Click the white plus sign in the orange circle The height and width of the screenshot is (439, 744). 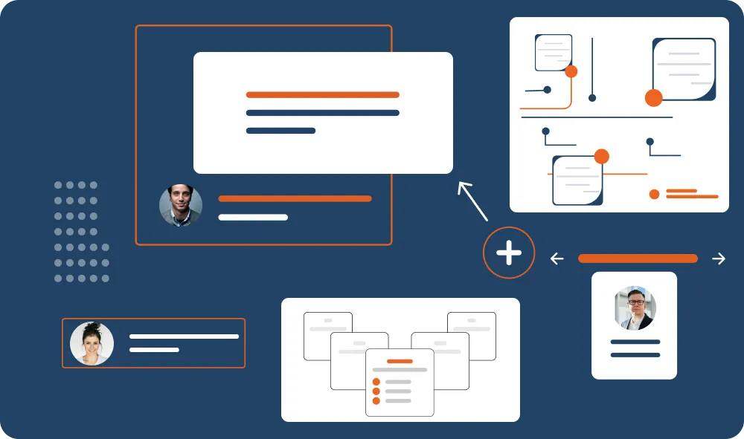pyautogui.click(x=509, y=253)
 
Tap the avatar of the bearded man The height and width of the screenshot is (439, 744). pyautogui.click(x=181, y=206)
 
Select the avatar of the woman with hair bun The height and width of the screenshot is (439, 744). pyautogui.click(x=92, y=343)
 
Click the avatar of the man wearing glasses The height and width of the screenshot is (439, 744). pyautogui.click(x=635, y=308)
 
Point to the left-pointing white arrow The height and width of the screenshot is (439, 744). pyautogui.click(x=557, y=258)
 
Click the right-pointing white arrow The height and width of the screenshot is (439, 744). pyautogui.click(x=718, y=258)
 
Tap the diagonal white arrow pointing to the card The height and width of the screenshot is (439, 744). pyautogui.click(x=472, y=201)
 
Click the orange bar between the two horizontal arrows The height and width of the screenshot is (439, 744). pyautogui.click(x=638, y=258)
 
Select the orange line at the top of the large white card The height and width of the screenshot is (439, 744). pyautogui.click(x=322, y=95)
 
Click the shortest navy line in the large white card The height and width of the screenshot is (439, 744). pyautogui.click(x=280, y=131)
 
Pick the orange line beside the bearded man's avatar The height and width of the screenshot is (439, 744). pyautogui.click(x=295, y=199)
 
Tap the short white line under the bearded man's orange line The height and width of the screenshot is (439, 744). pyautogui.click(x=253, y=218)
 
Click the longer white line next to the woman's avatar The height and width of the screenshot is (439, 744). pyautogui.click(x=184, y=336)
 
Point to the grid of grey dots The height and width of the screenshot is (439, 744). pyautogui.click(x=81, y=232)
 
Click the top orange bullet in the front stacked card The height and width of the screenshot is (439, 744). pyautogui.click(x=376, y=380)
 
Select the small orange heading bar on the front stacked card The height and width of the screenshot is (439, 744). pyautogui.click(x=400, y=360)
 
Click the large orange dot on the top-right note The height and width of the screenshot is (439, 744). pyautogui.click(x=653, y=97)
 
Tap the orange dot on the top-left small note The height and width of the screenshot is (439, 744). pyautogui.click(x=571, y=71)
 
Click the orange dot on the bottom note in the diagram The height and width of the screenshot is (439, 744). pyautogui.click(x=602, y=157)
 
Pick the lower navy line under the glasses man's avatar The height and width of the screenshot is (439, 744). pyautogui.click(x=635, y=355)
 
